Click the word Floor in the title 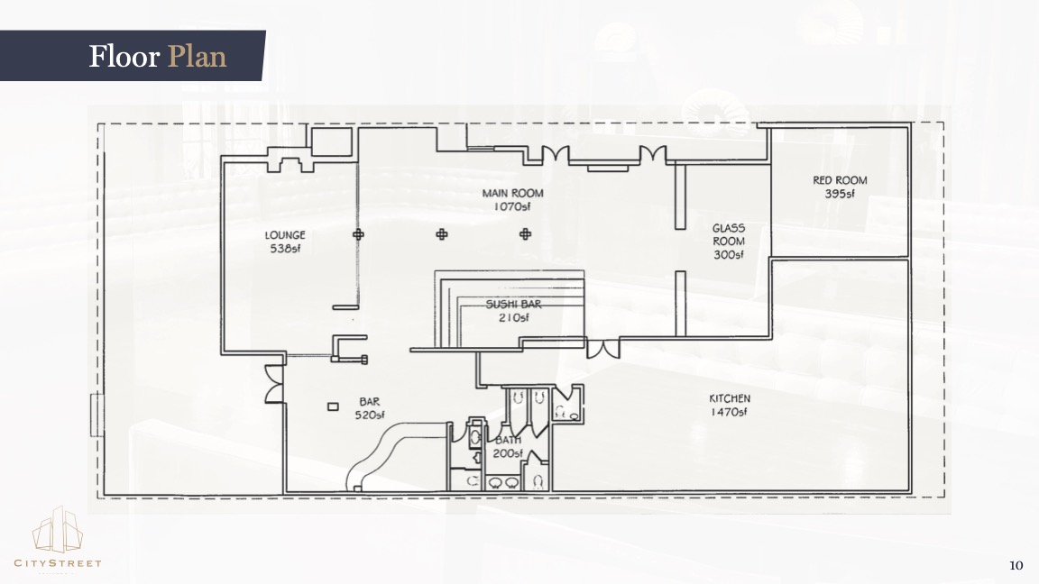click(124, 56)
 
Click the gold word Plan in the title click(197, 56)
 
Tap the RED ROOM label click(840, 180)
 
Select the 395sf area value click(840, 194)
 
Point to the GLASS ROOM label click(728, 234)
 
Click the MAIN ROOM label click(512, 194)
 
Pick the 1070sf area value click(512, 206)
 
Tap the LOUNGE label click(285, 235)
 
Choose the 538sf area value click(285, 249)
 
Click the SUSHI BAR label click(513, 304)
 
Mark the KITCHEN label click(730, 398)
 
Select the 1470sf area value click(729, 412)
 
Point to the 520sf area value click(369, 415)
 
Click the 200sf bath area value click(508, 453)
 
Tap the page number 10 click(1016, 565)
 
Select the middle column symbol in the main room click(441, 234)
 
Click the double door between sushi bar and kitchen click(603, 348)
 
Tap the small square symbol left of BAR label click(333, 406)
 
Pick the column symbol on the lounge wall click(358, 234)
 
